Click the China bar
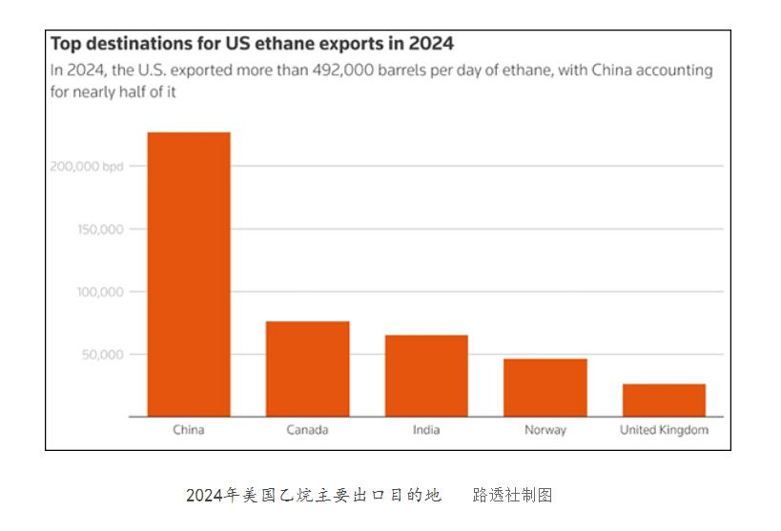click(188, 274)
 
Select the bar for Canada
click(307, 368)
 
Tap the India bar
click(426, 375)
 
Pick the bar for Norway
click(545, 387)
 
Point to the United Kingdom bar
click(664, 399)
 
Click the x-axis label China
click(188, 430)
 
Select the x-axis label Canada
click(307, 430)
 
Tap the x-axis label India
click(426, 430)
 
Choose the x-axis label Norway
click(545, 430)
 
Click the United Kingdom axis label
click(664, 430)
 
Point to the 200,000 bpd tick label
click(86, 166)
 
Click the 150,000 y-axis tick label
click(99, 229)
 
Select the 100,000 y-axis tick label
click(99, 292)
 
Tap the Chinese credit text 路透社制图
click(512, 496)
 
